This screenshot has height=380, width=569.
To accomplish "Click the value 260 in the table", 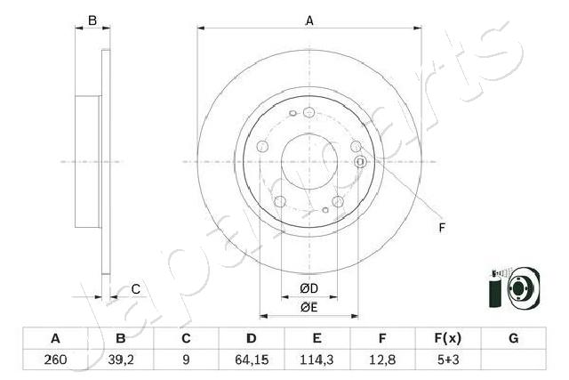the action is click(x=55, y=360).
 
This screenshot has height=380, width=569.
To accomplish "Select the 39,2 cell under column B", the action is click(x=121, y=360).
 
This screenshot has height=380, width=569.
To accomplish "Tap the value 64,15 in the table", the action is click(x=252, y=360).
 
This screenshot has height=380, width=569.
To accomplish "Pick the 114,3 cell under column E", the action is click(x=317, y=360).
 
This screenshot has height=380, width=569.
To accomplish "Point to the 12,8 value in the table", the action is click(x=382, y=360).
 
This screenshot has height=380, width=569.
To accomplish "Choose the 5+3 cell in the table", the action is click(x=448, y=360).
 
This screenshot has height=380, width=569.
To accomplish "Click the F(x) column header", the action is click(x=448, y=338).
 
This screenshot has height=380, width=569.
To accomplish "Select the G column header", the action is click(x=514, y=338).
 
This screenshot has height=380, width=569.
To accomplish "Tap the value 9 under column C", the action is click(x=186, y=360).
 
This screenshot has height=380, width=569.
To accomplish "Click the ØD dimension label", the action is click(x=309, y=288).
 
